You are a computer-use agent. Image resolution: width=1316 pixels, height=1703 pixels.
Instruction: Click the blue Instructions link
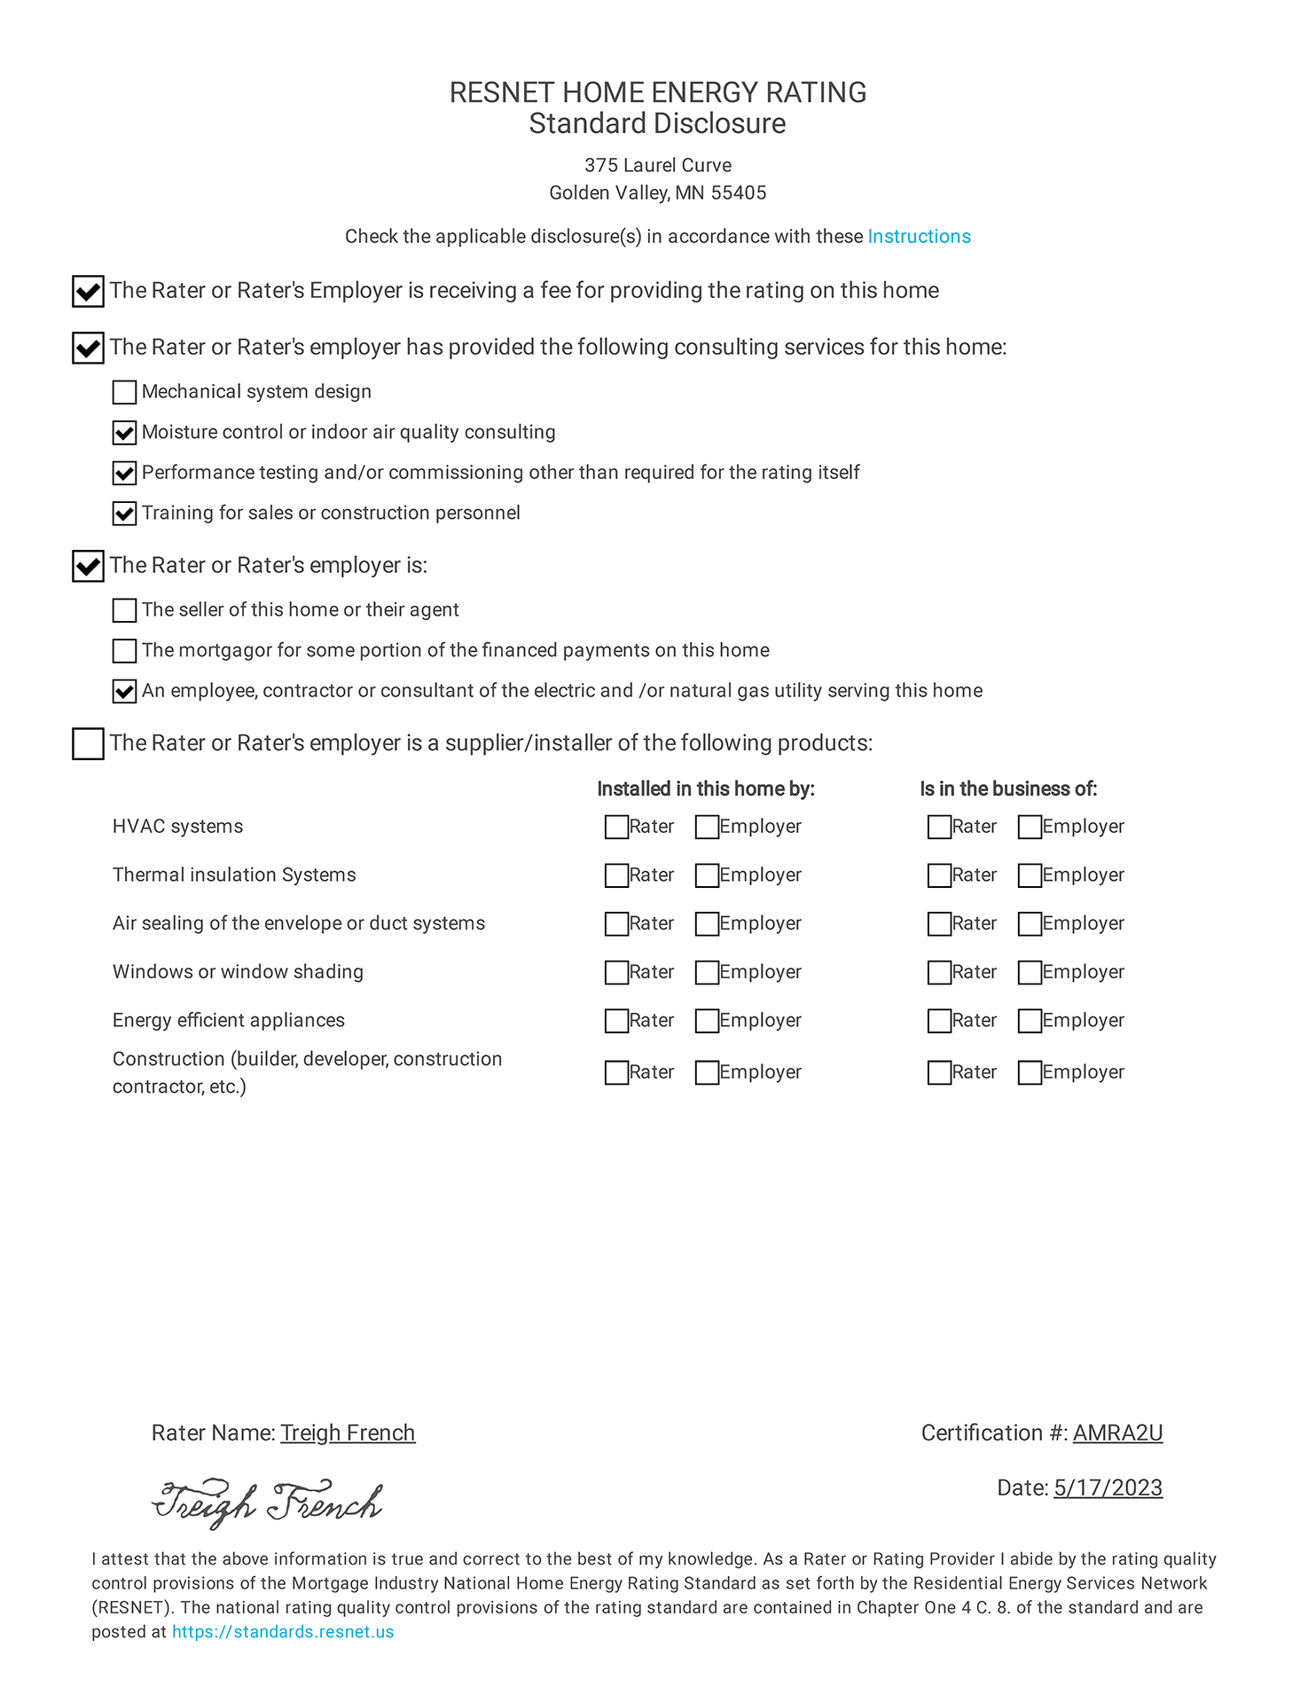[919, 237]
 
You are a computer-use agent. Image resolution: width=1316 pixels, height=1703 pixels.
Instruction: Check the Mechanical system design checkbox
[125, 392]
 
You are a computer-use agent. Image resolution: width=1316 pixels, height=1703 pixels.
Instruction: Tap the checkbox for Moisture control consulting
[125, 433]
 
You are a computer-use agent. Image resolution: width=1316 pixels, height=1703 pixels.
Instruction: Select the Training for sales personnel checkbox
[125, 514]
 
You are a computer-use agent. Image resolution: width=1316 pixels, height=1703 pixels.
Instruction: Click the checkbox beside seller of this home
[125, 610]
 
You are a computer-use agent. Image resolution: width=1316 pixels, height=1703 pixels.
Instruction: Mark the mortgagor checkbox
[125, 651]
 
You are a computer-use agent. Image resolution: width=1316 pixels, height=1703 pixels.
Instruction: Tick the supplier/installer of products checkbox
[88, 744]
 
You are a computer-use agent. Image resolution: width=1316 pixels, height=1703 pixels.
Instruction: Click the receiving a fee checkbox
[88, 292]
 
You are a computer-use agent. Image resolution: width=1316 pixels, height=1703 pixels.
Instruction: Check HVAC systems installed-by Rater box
[616, 828]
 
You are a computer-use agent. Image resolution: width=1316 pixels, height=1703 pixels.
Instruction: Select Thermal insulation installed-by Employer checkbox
[707, 876]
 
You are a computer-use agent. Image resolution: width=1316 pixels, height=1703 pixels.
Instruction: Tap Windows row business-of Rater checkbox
[939, 973]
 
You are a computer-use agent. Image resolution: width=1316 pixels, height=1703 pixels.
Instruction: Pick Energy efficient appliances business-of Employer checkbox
[1030, 1022]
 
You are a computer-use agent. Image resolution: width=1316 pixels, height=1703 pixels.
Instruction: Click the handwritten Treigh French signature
[267, 1504]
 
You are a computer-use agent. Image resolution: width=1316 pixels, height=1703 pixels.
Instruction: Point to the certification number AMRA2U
[1117, 1433]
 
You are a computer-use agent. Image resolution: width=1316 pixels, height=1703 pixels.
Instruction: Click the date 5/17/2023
[1108, 1488]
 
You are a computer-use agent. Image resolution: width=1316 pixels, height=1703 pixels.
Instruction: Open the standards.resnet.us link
[283, 1632]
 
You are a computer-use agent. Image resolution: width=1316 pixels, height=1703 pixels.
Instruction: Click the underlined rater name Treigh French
[348, 1433]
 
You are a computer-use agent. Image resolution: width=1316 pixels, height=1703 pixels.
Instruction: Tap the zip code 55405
[740, 193]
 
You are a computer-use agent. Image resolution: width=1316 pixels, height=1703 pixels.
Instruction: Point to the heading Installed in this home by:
[705, 789]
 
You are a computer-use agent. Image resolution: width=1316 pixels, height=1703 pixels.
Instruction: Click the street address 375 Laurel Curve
[658, 166]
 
